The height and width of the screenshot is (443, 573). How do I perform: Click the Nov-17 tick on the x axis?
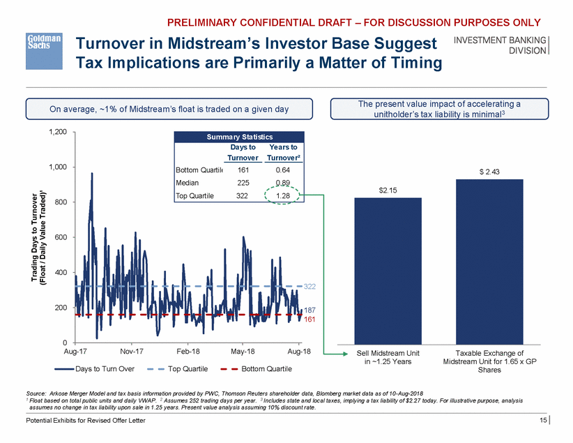coord(132,352)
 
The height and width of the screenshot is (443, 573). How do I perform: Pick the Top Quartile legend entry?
coord(185,368)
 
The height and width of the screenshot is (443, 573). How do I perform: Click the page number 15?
coord(542,419)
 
